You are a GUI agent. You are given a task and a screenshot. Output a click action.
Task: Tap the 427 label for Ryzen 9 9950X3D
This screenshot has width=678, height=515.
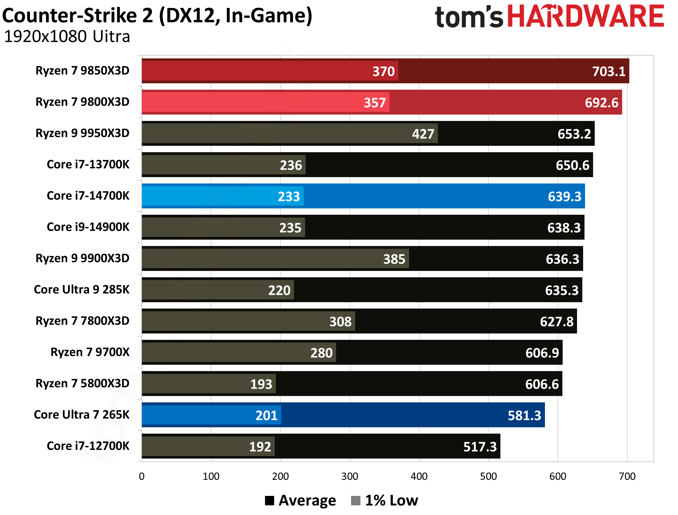point(423,134)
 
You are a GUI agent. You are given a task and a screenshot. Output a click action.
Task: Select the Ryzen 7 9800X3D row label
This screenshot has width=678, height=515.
point(82,102)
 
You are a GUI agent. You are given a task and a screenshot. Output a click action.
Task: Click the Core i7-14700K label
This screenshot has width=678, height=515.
point(88,196)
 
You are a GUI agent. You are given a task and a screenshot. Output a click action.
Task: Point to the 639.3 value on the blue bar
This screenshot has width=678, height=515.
point(564,196)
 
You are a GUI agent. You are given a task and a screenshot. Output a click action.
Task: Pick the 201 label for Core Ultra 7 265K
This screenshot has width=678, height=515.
point(266,415)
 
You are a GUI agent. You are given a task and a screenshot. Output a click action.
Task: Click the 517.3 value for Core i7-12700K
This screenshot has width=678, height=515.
point(480,447)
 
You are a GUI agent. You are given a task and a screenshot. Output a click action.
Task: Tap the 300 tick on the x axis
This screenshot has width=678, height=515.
point(349,476)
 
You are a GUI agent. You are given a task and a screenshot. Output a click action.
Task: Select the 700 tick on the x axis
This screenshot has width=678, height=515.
point(627,476)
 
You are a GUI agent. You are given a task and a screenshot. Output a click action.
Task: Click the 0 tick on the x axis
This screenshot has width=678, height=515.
point(142,476)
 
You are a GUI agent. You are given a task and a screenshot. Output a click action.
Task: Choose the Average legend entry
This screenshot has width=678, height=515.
point(307,500)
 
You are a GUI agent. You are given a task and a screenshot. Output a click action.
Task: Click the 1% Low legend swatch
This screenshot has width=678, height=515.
point(355,500)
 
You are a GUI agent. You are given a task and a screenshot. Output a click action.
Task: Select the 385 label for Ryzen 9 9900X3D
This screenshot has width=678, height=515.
point(394,259)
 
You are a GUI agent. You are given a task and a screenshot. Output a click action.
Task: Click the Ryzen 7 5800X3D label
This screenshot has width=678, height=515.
point(82,383)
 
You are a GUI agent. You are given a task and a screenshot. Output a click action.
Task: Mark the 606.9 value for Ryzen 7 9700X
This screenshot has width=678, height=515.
point(542,353)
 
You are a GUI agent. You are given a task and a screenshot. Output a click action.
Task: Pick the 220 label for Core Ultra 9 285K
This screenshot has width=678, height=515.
point(279,290)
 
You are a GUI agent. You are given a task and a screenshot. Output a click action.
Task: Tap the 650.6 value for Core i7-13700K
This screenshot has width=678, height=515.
point(572,165)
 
